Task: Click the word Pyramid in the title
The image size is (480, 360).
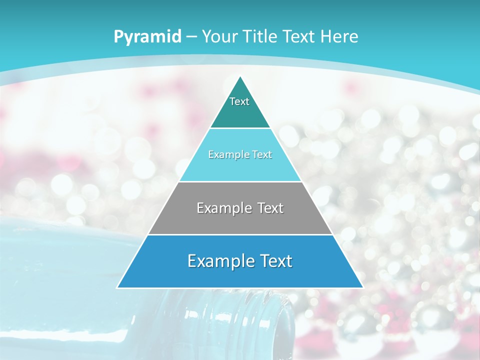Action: tap(147, 37)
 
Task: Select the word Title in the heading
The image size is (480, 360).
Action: tap(263, 37)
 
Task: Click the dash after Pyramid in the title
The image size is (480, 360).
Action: tap(191, 37)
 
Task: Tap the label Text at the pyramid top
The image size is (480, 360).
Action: tap(239, 101)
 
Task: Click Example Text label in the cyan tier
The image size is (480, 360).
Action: tap(240, 154)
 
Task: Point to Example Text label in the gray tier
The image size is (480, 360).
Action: tap(240, 208)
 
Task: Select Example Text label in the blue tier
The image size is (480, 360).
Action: tap(240, 261)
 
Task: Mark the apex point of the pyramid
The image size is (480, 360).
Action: tap(240, 76)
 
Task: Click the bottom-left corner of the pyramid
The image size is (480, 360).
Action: tap(117, 287)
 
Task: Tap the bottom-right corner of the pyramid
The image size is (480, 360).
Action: tap(362, 287)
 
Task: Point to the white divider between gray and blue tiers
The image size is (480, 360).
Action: tap(240, 234)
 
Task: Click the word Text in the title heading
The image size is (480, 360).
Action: tap(299, 37)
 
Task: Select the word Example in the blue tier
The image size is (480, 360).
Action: tap(219, 261)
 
